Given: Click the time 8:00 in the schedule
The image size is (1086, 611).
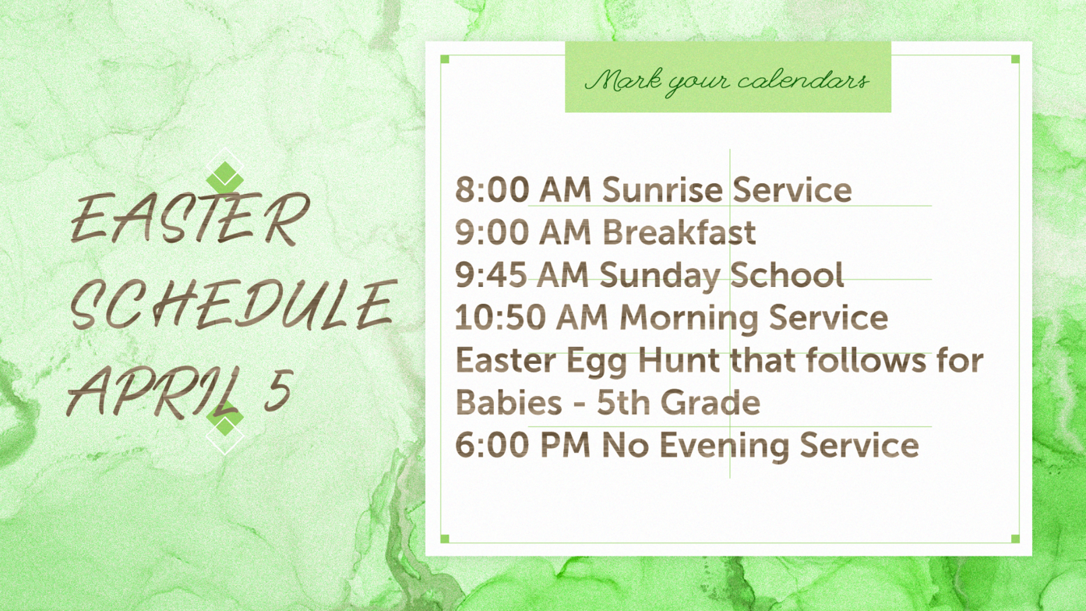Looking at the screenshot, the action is click(492, 189).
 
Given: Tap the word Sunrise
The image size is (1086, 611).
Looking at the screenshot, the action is click(662, 189).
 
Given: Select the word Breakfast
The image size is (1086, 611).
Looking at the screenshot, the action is click(679, 232).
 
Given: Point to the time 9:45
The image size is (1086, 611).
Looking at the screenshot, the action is click(491, 275).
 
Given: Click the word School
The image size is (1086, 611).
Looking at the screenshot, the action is click(787, 275).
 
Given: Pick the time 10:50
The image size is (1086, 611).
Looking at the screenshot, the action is click(501, 318).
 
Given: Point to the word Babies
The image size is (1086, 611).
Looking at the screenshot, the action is click(509, 402).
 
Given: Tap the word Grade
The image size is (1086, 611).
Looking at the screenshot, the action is click(712, 402).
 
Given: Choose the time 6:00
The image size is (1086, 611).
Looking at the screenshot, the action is click(492, 446).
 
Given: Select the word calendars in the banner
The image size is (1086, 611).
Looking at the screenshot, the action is click(803, 80).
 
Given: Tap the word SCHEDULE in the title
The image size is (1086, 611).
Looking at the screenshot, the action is click(231, 304).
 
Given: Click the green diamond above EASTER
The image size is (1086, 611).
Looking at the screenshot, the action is click(225, 177).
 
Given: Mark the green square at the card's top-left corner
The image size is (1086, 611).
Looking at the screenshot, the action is click(445, 59).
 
